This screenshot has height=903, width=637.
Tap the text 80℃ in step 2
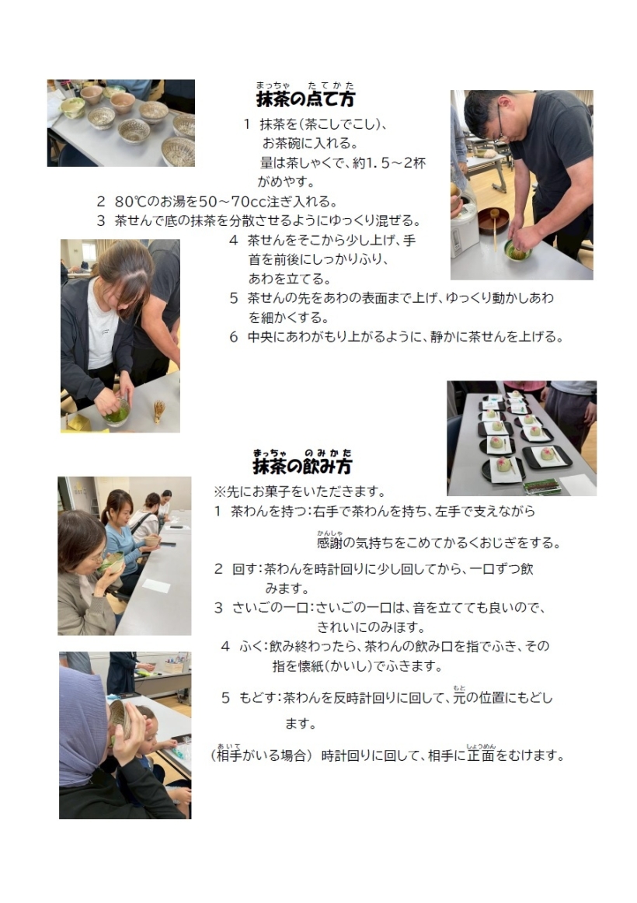point(133,202)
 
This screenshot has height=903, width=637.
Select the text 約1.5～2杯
point(388,163)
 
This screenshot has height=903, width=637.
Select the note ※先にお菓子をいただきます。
point(300,491)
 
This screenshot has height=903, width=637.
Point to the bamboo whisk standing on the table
point(158,412)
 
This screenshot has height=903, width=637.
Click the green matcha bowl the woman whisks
point(117,413)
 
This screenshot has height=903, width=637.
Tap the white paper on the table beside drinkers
point(156,585)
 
